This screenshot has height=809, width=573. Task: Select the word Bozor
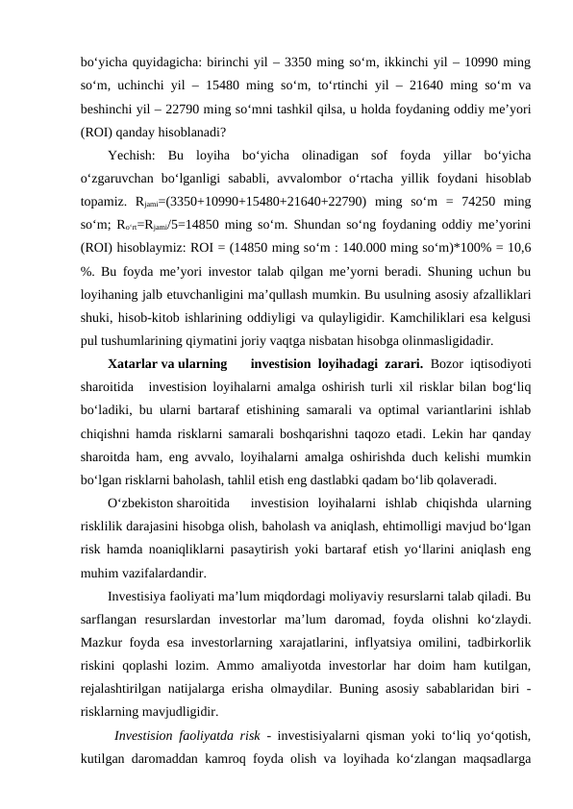click(449, 363)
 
